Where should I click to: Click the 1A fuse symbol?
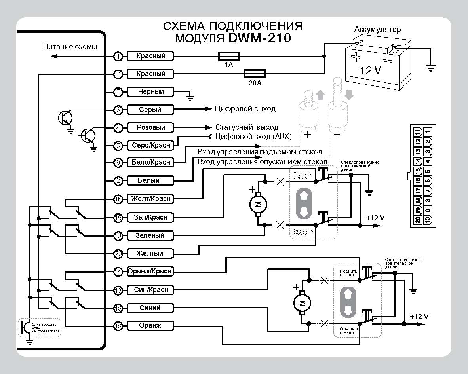pos(229,56)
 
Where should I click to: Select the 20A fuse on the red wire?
pos(254,74)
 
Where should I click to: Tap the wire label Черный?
pos(151,92)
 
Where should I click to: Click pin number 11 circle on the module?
pos(118,74)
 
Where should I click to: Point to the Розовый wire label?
pos(151,127)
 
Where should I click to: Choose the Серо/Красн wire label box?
pos(151,146)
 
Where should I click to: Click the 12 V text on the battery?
pos(371,71)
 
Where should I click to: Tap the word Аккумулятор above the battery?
pos(377,30)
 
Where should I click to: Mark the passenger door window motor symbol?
pos(257,204)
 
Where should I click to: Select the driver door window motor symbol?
pos(302,303)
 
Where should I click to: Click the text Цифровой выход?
pos(245,109)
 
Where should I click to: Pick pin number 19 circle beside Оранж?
pos(118,326)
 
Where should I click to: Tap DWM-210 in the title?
pos(259,38)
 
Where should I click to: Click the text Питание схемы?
pos(70,47)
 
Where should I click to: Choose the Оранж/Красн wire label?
pos(150,271)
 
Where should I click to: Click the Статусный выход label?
pos(247,127)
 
